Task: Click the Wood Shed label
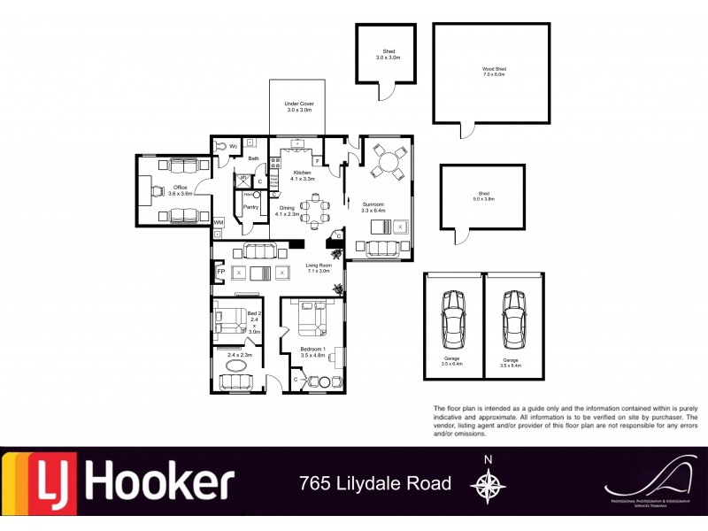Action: click(x=493, y=70)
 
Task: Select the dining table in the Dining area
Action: click(x=313, y=210)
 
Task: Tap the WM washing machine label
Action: click(x=218, y=222)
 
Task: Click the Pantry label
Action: click(x=250, y=207)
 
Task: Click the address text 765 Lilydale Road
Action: click(x=375, y=483)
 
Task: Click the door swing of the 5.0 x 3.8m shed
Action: click(x=460, y=235)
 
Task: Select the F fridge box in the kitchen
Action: click(x=316, y=160)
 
